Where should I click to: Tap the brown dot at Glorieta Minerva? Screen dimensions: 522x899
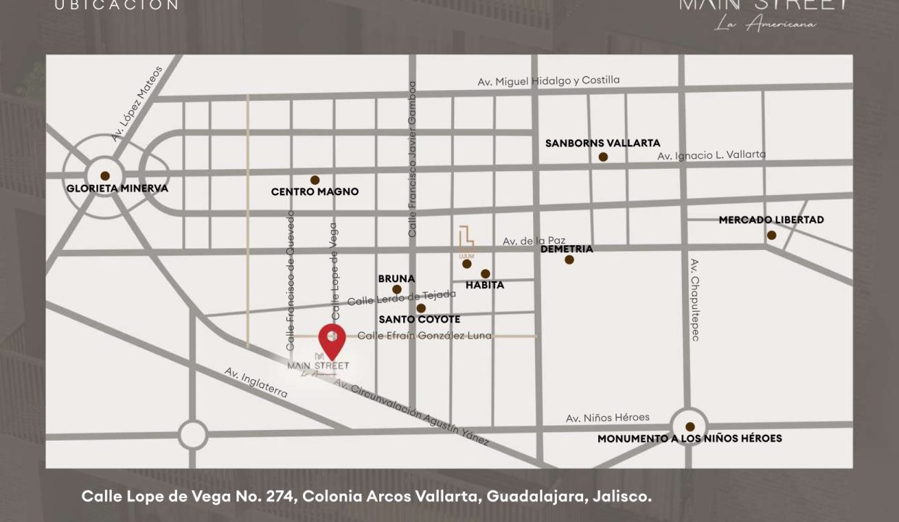click(x=105, y=175)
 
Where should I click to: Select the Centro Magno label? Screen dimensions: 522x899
click(x=315, y=192)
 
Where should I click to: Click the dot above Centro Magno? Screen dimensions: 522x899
click(x=315, y=180)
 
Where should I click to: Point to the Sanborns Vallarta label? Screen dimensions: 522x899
click(x=602, y=144)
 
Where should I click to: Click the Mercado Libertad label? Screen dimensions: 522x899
click(x=771, y=220)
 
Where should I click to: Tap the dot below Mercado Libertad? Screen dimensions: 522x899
click(x=771, y=235)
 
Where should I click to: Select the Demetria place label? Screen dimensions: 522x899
click(x=567, y=249)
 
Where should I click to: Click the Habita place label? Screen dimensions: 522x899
click(x=485, y=285)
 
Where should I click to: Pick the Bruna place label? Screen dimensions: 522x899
click(x=397, y=278)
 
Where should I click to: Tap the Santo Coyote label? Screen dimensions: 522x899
click(x=420, y=319)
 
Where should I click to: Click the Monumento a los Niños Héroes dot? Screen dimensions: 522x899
click(x=690, y=427)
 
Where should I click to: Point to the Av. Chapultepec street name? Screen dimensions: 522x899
click(x=694, y=299)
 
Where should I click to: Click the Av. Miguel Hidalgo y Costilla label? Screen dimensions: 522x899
click(x=549, y=81)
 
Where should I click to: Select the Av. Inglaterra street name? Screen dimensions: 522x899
click(x=256, y=383)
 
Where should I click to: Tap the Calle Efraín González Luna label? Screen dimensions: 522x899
click(x=425, y=336)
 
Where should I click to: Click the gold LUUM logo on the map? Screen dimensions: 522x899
click(x=466, y=241)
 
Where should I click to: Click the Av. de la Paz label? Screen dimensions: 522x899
click(x=534, y=241)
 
